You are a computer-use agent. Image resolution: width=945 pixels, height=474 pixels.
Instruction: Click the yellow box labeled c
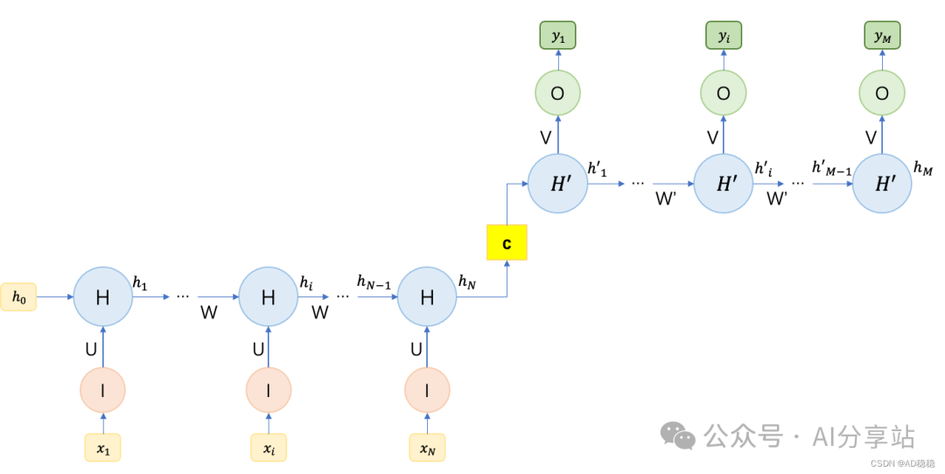point(507,242)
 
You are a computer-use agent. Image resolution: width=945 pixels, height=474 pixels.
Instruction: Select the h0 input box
point(18,297)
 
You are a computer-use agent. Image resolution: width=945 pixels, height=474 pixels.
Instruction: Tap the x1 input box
point(102,448)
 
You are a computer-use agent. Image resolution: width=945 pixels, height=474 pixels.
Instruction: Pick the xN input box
point(427,448)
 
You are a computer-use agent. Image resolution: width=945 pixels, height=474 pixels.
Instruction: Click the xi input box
point(268,448)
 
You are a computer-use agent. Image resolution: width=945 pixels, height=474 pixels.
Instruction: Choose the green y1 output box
point(557,36)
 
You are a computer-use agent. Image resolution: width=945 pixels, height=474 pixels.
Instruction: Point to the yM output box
point(881,36)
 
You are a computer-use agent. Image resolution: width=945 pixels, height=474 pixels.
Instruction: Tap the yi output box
point(724,36)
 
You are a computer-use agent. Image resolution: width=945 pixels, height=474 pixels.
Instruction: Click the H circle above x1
point(102,297)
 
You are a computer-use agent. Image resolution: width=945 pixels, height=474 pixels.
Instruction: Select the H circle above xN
point(427,297)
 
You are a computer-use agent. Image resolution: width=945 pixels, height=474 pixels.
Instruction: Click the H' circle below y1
point(557,184)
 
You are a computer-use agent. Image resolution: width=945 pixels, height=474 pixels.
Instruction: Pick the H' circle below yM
point(882,184)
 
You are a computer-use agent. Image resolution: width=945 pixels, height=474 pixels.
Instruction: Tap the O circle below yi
point(724,93)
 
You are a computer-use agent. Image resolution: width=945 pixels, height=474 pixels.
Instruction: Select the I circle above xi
point(268,390)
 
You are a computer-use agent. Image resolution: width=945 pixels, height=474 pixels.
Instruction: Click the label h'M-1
point(831,167)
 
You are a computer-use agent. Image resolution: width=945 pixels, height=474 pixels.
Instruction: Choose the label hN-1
point(374,281)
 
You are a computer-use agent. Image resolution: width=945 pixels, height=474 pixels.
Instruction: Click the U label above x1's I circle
point(91,350)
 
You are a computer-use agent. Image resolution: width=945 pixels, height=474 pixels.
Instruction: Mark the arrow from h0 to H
point(54,297)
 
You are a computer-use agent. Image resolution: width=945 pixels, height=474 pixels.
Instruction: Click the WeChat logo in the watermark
point(677,436)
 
